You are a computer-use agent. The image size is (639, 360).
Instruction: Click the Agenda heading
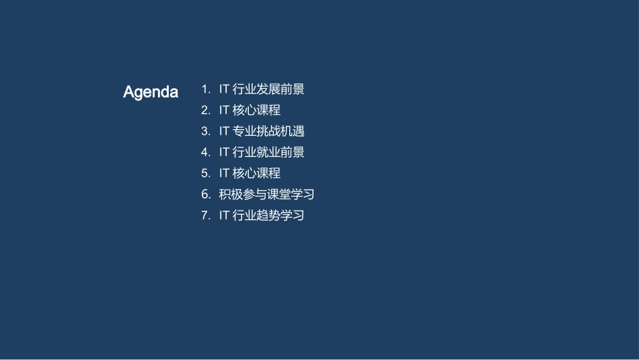click(151, 92)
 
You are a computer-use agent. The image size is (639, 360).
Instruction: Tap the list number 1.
click(206, 89)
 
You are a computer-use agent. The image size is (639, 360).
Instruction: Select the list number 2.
click(206, 110)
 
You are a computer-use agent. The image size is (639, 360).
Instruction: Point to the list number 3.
click(206, 131)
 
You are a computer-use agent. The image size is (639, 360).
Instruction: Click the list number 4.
click(206, 152)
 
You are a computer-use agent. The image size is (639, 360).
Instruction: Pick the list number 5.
click(206, 173)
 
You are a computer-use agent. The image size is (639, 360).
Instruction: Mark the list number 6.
click(206, 194)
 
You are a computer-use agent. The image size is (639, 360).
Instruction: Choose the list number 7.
click(206, 215)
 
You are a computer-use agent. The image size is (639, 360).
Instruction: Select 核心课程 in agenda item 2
click(256, 110)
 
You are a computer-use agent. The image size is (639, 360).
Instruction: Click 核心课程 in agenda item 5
click(256, 173)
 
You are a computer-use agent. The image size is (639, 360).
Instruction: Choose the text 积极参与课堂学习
click(267, 194)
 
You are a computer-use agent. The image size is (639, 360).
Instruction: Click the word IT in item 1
click(224, 89)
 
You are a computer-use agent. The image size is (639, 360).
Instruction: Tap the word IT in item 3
click(224, 131)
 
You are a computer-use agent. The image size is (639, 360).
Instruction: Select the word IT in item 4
click(224, 152)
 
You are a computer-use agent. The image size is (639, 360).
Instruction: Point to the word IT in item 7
click(224, 215)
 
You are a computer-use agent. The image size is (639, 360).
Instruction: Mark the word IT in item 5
click(224, 173)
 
